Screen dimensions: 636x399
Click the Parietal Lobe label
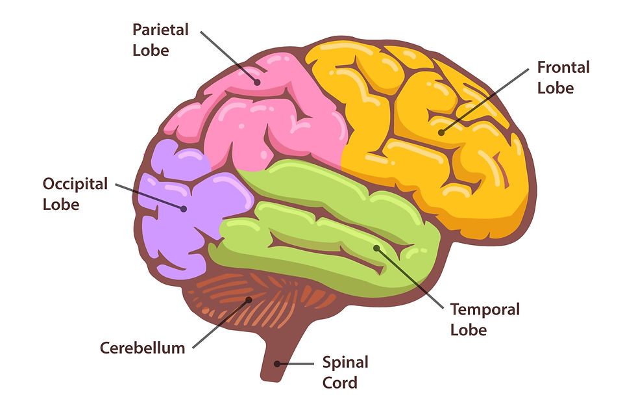[161, 40]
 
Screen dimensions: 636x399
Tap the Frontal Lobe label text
[563, 77]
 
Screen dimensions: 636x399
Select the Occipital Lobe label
[75, 194]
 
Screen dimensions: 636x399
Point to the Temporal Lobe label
[485, 319]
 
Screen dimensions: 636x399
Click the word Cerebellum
[142, 348]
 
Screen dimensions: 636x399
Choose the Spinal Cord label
[345, 372]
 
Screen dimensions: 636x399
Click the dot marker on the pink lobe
[257, 82]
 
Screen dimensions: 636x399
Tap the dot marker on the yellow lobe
[441, 133]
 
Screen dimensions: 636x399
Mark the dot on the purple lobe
[184, 209]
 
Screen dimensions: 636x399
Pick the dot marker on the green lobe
[376, 248]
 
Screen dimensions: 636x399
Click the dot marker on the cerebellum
[249, 300]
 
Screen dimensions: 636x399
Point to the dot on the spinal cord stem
[277, 364]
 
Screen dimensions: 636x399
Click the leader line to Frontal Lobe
[485, 101]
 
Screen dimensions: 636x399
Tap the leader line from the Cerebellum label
[221, 324]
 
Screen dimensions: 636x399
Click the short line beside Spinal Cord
[295, 364]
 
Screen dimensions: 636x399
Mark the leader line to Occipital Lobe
[150, 197]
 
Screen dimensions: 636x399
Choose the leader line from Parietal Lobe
[228, 57]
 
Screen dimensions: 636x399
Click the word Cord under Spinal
[340, 383]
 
